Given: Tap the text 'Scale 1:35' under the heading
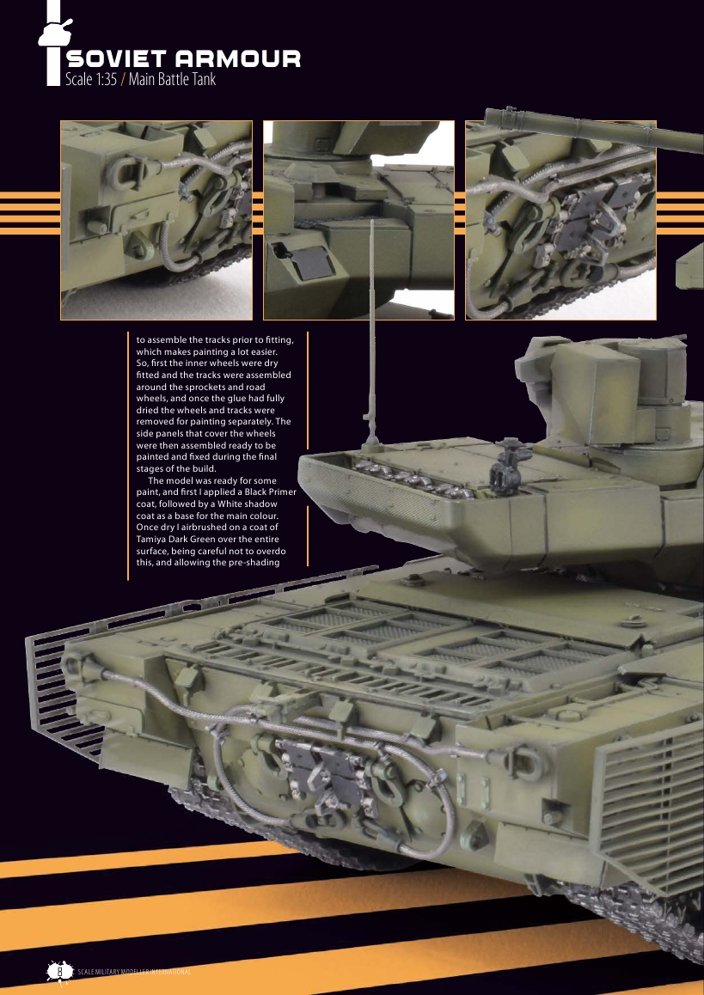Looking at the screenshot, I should tap(91, 80).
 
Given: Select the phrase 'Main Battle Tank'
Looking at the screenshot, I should tap(172, 80).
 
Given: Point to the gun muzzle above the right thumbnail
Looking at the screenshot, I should tap(494, 115).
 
